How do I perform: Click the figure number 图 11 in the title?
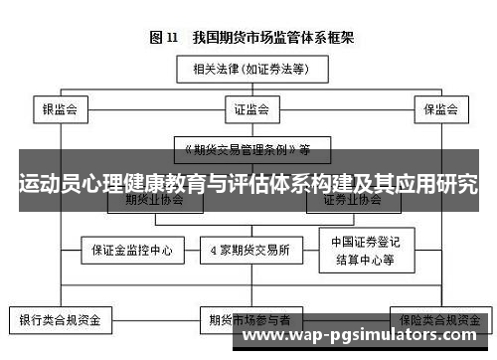coord(163,39)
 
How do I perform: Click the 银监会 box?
coord(60,107)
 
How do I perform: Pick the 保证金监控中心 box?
coord(131,251)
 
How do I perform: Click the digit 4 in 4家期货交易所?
coord(213,251)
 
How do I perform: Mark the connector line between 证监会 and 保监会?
coord(343,107)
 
